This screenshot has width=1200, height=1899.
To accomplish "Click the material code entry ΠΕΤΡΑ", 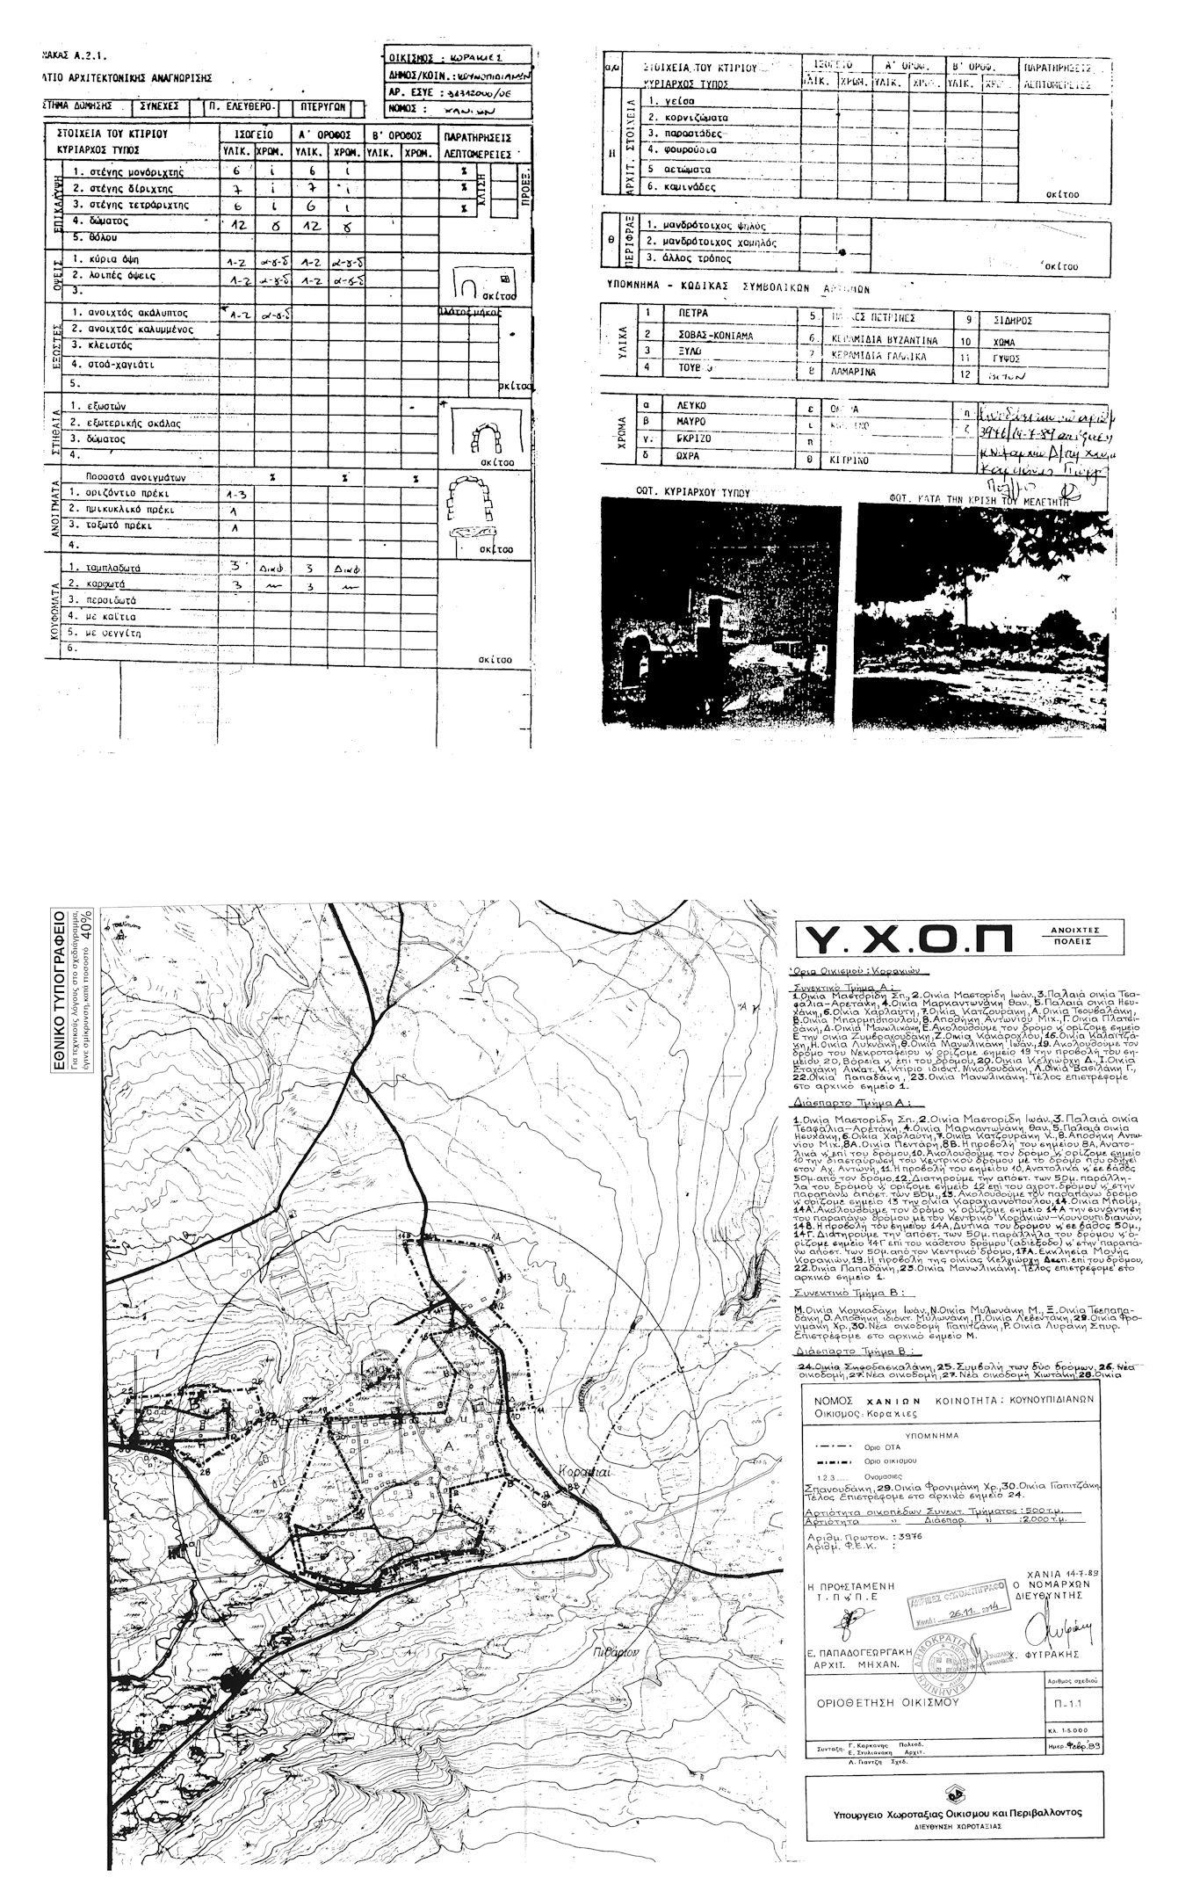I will click(x=693, y=314).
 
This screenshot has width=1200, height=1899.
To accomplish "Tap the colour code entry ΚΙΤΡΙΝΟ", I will click(x=844, y=459).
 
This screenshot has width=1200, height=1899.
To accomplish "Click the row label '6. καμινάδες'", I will click(x=681, y=187).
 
